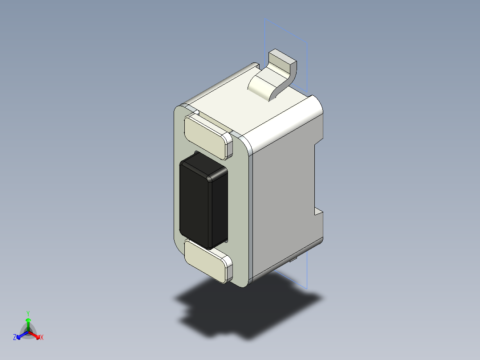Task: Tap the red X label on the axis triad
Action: click(42, 338)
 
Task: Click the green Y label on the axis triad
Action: click(28, 313)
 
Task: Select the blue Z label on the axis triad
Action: click(15, 338)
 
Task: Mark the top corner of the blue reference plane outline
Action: click(265, 19)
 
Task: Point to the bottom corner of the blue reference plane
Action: click(307, 288)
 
